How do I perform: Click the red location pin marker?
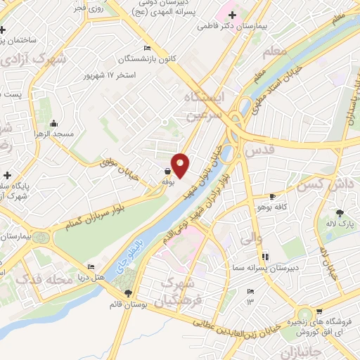tap(180, 165)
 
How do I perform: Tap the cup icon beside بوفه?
tap(167, 171)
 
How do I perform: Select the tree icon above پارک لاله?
tap(342, 212)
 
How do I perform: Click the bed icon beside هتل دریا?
tap(90, 267)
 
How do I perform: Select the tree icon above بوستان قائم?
tap(128, 293)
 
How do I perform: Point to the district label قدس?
tap(257, 150)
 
